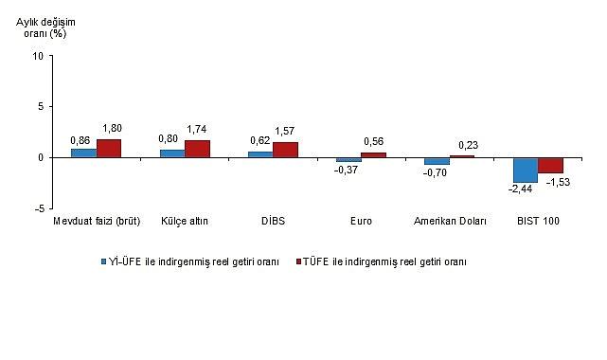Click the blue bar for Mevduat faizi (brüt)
(83, 153)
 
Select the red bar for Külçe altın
(197, 149)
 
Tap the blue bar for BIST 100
(525, 170)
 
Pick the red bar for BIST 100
(550, 165)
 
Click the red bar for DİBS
(285, 150)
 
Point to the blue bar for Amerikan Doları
(437, 161)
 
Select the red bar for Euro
(373, 154)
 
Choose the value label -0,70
(437, 173)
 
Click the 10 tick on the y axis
(38, 56)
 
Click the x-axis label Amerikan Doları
(450, 222)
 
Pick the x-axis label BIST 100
(538, 222)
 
